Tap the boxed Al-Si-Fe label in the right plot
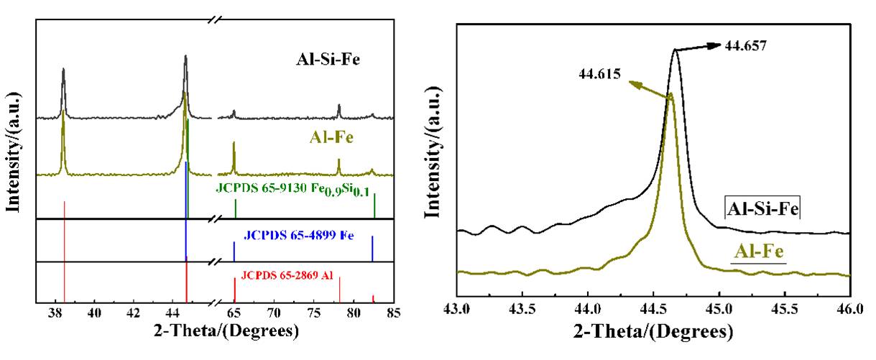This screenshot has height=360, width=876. point(762,210)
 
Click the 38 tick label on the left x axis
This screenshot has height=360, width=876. point(55,313)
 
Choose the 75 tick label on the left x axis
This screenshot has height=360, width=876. point(313,313)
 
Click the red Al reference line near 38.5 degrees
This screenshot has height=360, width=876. point(65,251)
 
